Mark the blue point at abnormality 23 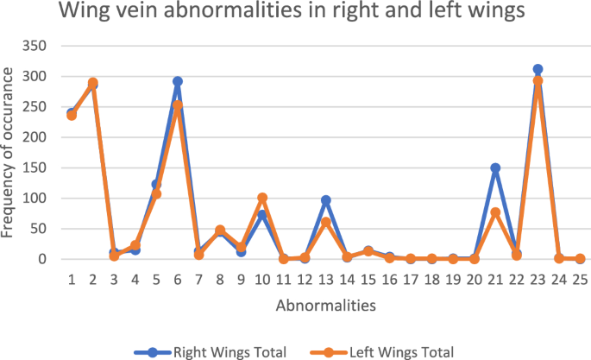click(x=538, y=69)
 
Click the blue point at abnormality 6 click(x=178, y=81)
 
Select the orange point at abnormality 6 click(x=178, y=105)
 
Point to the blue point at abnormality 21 click(x=495, y=168)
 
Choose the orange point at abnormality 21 click(x=495, y=212)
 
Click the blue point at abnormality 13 click(x=326, y=200)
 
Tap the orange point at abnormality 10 click(x=262, y=198)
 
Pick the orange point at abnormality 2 click(x=93, y=83)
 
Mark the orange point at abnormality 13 click(x=326, y=222)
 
